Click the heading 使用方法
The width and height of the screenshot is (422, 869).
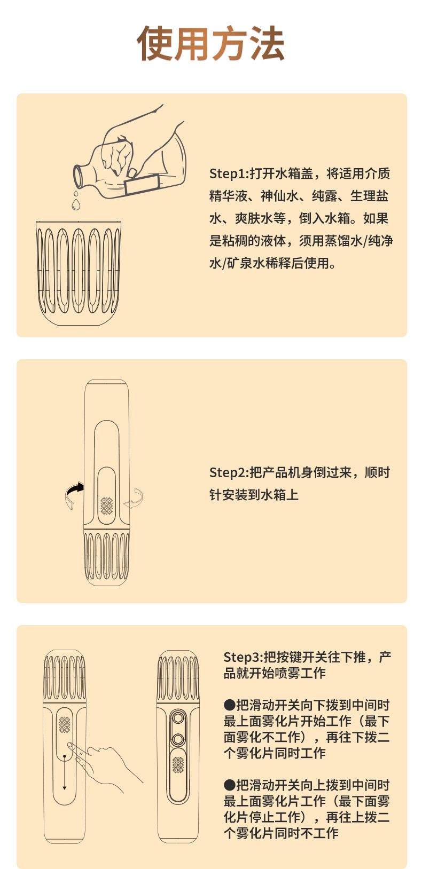[x=211, y=43]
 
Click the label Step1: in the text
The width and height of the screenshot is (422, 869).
[x=229, y=173]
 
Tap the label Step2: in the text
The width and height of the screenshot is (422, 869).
[x=229, y=472]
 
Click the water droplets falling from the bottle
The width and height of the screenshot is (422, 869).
[x=76, y=201]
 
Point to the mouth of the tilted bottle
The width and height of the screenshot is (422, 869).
[x=78, y=175]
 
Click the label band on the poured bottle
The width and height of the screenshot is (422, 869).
[x=142, y=183]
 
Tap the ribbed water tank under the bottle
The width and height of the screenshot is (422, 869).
[x=78, y=272]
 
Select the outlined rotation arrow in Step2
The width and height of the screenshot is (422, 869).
[x=135, y=499]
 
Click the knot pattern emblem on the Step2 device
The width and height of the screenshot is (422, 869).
[x=107, y=505]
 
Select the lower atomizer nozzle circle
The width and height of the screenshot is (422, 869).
[x=178, y=739]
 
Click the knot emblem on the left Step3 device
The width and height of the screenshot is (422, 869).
[x=65, y=724]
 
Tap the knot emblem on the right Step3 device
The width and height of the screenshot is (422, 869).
[x=178, y=764]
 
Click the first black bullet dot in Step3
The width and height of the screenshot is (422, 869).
[x=229, y=705]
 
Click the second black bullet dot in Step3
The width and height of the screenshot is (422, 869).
[x=229, y=785]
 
